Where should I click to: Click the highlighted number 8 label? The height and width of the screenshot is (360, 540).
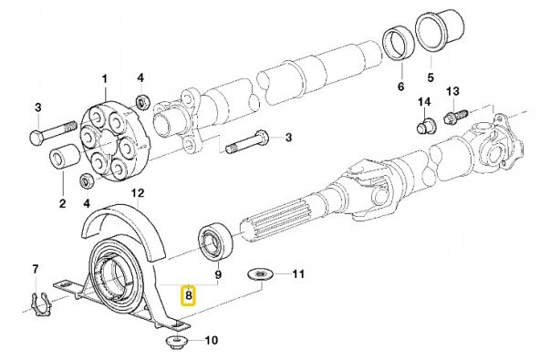[x=189, y=294]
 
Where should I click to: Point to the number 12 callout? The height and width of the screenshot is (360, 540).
[x=139, y=193]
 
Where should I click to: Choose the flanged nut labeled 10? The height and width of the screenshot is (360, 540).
[x=173, y=343]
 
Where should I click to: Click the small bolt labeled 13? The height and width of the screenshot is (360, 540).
[x=455, y=117]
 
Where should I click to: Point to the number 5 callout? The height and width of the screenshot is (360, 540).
[x=431, y=77]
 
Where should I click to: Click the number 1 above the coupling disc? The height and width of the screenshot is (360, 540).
[x=104, y=79]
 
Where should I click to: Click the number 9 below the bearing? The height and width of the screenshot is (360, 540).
[x=219, y=274]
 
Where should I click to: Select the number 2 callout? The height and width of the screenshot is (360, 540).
[x=62, y=203]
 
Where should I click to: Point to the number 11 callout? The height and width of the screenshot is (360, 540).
[x=298, y=273]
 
